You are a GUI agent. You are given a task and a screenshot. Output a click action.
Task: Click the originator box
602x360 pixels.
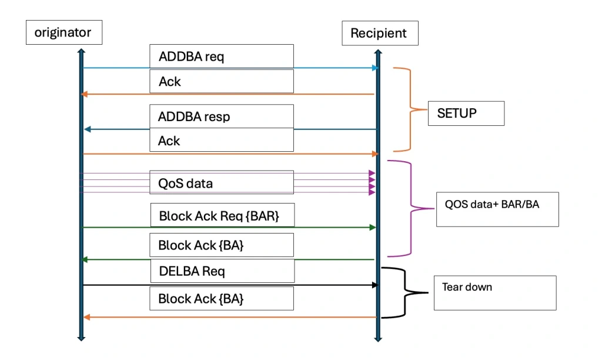click(x=64, y=32)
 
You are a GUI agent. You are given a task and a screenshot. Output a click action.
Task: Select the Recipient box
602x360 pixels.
click(x=380, y=33)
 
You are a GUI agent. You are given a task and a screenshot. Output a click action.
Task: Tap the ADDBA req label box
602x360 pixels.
click(x=222, y=56)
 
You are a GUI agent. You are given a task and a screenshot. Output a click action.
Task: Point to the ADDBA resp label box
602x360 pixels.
click(x=222, y=116)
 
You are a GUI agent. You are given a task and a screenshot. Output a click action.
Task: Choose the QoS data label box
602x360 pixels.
click(x=222, y=182)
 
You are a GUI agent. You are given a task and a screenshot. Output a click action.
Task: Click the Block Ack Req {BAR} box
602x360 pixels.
click(x=223, y=215)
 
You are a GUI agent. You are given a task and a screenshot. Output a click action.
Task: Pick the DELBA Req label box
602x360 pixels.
click(x=223, y=271)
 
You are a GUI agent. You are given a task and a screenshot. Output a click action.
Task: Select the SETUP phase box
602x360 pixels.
click(x=466, y=114)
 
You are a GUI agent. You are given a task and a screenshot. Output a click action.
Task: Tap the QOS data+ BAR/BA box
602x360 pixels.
click(x=497, y=209)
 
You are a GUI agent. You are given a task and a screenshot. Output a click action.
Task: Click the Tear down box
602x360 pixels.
click(x=495, y=293)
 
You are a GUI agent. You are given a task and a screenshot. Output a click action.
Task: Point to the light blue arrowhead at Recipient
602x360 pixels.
click(x=375, y=68)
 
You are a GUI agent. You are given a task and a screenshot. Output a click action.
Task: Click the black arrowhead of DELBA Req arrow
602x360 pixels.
click(x=375, y=285)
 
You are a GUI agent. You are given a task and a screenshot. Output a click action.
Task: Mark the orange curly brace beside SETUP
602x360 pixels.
click(x=410, y=109)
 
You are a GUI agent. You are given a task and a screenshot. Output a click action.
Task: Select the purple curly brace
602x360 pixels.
click(x=411, y=209)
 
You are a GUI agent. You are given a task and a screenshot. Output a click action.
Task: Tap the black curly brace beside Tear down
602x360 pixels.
click(x=404, y=293)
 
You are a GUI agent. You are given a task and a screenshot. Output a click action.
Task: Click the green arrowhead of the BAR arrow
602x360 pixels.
click(x=372, y=228)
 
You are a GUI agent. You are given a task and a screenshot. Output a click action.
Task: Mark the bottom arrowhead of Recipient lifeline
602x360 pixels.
click(x=378, y=339)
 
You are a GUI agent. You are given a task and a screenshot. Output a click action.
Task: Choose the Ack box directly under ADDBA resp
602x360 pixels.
click(x=222, y=140)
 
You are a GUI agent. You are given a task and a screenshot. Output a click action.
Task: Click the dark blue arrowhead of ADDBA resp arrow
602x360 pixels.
click(x=88, y=129)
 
